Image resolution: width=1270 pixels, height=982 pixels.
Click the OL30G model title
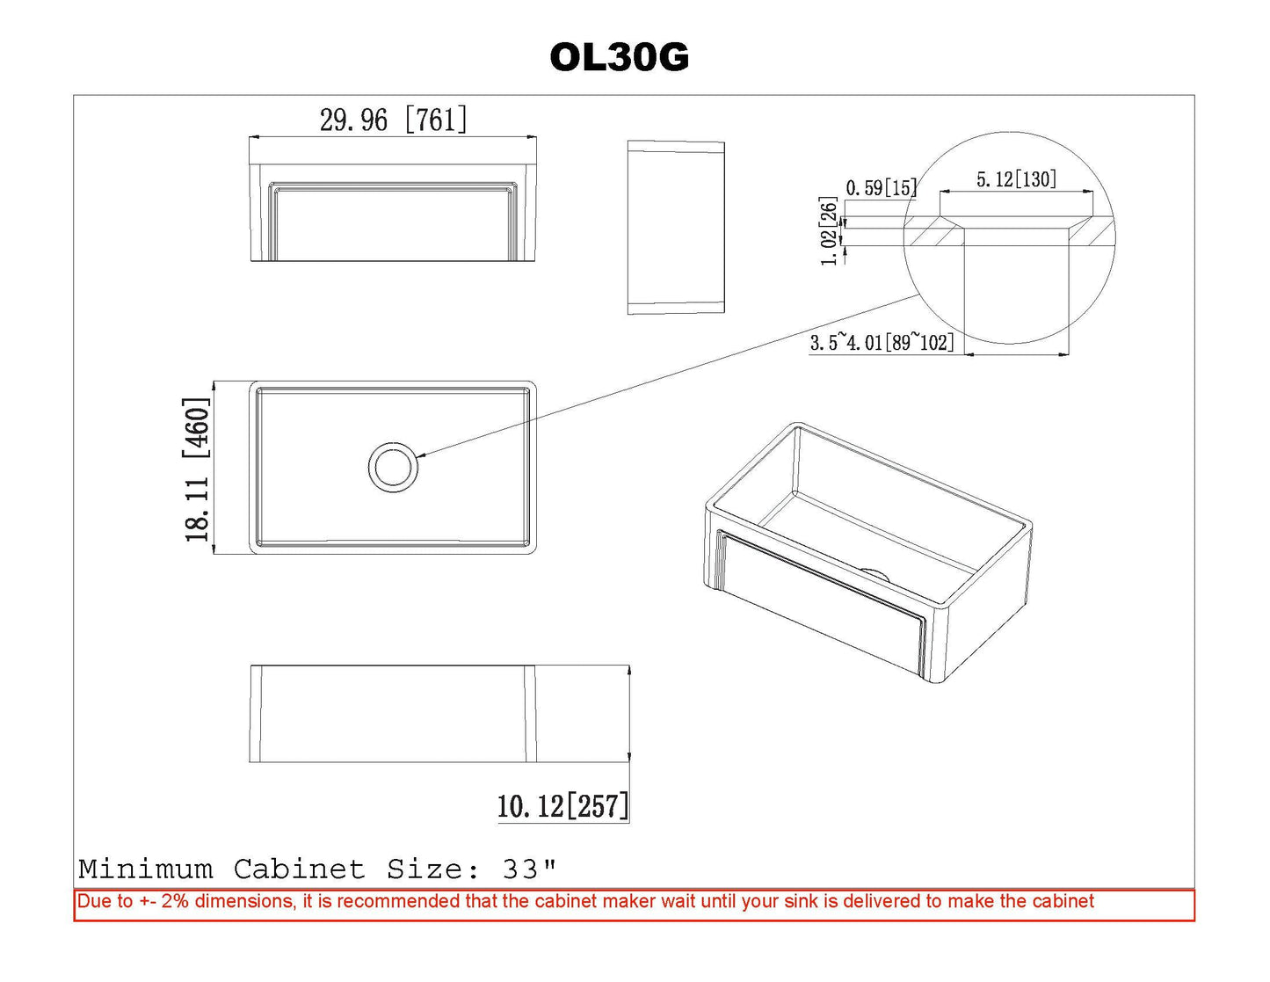pyautogui.click(x=619, y=58)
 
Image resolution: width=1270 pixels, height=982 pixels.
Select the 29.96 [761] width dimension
pyautogui.click(x=394, y=120)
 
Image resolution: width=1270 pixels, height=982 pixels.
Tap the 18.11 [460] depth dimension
pyautogui.click(x=197, y=469)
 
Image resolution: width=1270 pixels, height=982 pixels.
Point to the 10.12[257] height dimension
pyautogui.click(x=562, y=806)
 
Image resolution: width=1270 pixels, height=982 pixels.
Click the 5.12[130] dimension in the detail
pyautogui.click(x=1016, y=179)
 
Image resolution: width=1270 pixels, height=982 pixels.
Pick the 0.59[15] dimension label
pyautogui.click(x=882, y=187)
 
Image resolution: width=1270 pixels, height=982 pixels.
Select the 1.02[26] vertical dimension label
pyautogui.click(x=829, y=231)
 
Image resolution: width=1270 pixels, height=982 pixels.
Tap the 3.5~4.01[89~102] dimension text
pyautogui.click(x=882, y=342)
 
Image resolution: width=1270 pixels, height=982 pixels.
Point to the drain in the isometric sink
pyautogui.click(x=874, y=573)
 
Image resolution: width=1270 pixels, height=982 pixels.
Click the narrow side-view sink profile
pyautogui.click(x=676, y=228)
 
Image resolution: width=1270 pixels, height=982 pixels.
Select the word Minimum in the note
pyautogui.click(x=146, y=869)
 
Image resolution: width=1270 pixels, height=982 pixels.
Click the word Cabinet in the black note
pyautogui.click(x=299, y=869)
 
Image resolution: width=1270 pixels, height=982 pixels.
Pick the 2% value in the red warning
pyautogui.click(x=175, y=901)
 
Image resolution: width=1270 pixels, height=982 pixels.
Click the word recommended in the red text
pyautogui.click(x=399, y=901)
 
